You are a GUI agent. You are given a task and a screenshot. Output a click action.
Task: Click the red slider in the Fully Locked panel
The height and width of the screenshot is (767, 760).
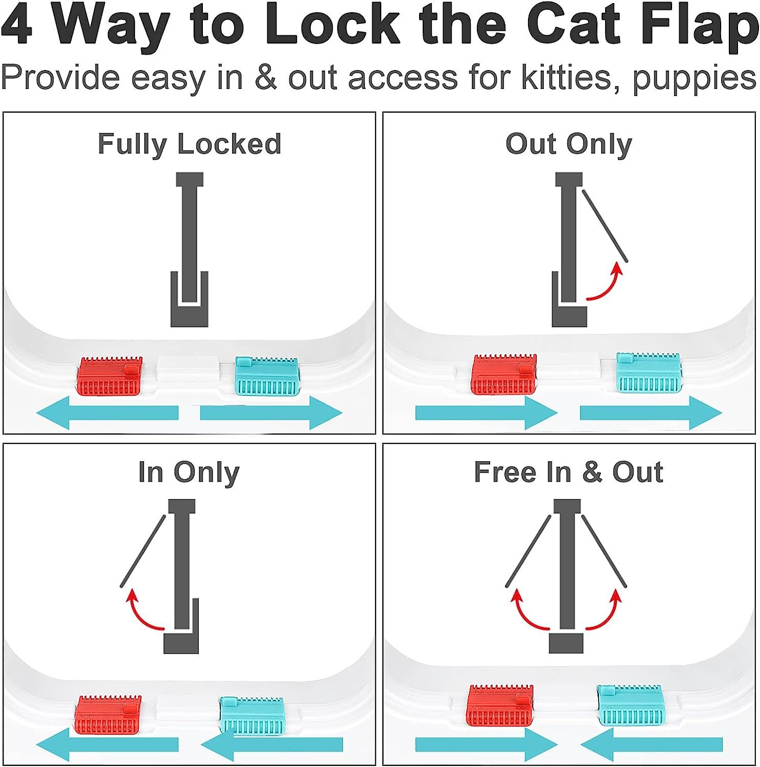click(109, 376)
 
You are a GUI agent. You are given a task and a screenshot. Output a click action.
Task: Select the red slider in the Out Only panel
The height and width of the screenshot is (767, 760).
click(503, 374)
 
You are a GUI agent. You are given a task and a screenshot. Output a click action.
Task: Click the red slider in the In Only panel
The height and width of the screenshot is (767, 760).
click(109, 715)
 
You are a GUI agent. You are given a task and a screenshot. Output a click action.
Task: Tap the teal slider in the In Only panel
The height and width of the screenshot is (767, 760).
click(252, 716)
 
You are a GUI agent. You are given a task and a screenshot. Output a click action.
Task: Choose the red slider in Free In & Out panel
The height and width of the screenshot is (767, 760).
click(501, 705)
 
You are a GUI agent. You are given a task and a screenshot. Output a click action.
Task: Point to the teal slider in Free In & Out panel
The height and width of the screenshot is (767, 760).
click(630, 705)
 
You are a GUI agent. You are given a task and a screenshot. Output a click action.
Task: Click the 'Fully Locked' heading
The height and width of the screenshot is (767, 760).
click(189, 144)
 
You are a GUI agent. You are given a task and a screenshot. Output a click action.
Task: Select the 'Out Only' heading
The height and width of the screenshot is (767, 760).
click(568, 144)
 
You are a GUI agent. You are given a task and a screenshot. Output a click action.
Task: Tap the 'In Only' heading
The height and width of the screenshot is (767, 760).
click(189, 472)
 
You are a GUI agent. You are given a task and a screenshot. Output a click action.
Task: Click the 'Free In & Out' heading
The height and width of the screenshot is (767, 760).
click(568, 472)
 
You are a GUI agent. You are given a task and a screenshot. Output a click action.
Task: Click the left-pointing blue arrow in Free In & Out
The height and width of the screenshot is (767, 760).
click(651, 745)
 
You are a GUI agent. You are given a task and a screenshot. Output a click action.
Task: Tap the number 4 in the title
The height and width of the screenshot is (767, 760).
click(17, 26)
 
